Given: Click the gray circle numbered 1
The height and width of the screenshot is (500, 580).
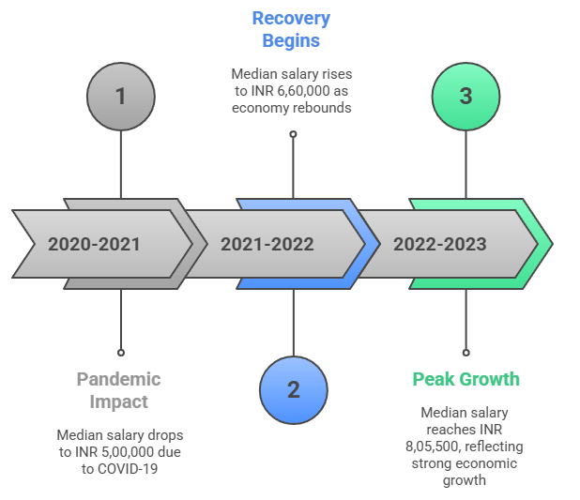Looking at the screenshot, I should click(x=120, y=97).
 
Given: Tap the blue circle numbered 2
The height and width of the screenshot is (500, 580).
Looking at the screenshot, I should click(x=293, y=389).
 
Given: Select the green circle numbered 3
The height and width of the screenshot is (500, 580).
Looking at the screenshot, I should click(x=466, y=97).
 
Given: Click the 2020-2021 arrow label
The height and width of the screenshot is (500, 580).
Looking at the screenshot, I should click(x=95, y=245).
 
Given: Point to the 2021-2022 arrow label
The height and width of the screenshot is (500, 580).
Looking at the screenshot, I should click(x=267, y=245).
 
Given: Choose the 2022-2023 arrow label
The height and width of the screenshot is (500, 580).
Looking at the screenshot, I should click(x=440, y=245).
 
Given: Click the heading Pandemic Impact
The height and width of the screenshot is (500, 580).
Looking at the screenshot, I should click(x=119, y=389).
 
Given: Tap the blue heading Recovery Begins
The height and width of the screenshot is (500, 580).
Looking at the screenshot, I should click(x=292, y=29).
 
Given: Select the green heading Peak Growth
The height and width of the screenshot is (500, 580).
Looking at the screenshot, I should click(x=466, y=380).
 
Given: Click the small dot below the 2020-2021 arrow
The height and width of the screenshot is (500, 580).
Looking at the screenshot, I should click(x=120, y=353).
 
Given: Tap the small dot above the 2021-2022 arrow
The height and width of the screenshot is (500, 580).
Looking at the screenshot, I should click(x=293, y=134).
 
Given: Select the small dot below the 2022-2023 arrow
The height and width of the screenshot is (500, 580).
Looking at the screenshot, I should click(x=466, y=353).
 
